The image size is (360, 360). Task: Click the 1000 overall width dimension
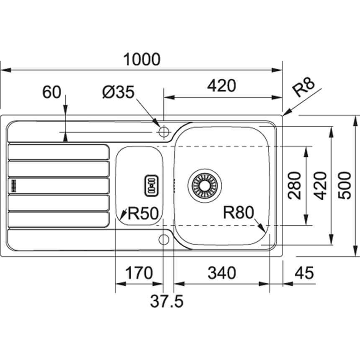pos(141,59)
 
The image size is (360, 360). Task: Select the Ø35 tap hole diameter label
pos(118,92)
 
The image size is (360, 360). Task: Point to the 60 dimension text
pos(52,92)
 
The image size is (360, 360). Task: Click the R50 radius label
pos(143,213)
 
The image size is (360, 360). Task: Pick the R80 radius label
pos(239,212)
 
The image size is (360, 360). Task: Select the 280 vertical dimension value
pos(294,185)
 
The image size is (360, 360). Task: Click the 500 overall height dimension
pos(345,185)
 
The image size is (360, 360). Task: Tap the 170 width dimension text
pos(139,273)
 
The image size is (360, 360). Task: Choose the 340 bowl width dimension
pos(222,273)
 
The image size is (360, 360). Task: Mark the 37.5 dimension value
pos(167,301)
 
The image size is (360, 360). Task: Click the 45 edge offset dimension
pos(304,273)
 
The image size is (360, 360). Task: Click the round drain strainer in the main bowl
pos(205,185)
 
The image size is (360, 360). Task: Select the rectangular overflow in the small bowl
pos(151,186)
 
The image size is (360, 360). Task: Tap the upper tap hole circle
pos(164,132)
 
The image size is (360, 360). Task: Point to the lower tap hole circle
pos(164,239)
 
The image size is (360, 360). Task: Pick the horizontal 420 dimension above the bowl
pos(221,86)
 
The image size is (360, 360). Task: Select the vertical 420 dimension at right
pos(320,185)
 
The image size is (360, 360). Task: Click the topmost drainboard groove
pos(59,152)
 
